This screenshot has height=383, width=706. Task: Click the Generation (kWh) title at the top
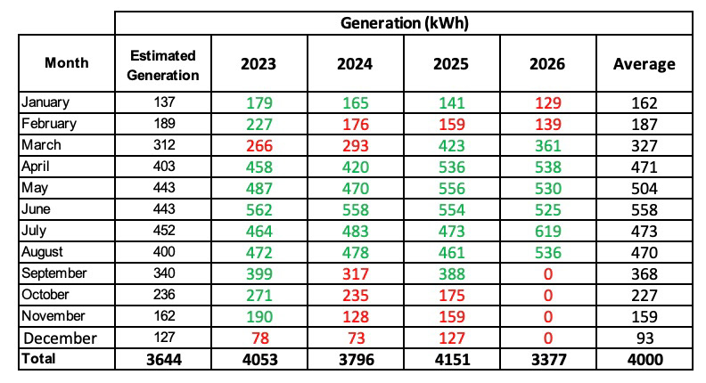point(405,23)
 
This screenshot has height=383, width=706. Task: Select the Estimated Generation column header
point(163,65)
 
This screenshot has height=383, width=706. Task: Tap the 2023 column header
point(259,64)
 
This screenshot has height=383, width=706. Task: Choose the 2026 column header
point(547,64)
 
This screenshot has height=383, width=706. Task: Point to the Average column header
point(644,64)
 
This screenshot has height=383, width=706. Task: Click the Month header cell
point(67,62)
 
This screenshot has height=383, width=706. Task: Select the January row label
point(45,102)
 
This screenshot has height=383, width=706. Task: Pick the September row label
point(54,273)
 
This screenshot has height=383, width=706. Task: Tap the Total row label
point(38,359)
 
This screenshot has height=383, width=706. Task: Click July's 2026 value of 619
point(548,232)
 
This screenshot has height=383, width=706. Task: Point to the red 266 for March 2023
point(259,146)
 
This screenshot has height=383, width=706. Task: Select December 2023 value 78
point(260,338)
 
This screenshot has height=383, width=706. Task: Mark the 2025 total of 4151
point(453,360)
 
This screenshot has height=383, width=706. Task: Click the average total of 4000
point(645,360)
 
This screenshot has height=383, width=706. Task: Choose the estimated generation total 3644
point(164,360)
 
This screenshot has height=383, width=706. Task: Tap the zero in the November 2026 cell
point(548,317)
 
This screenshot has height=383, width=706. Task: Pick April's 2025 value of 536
point(452,167)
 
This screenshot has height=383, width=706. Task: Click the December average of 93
point(645,338)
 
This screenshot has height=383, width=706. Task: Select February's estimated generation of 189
point(164,124)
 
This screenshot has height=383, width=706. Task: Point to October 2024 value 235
point(356,296)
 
